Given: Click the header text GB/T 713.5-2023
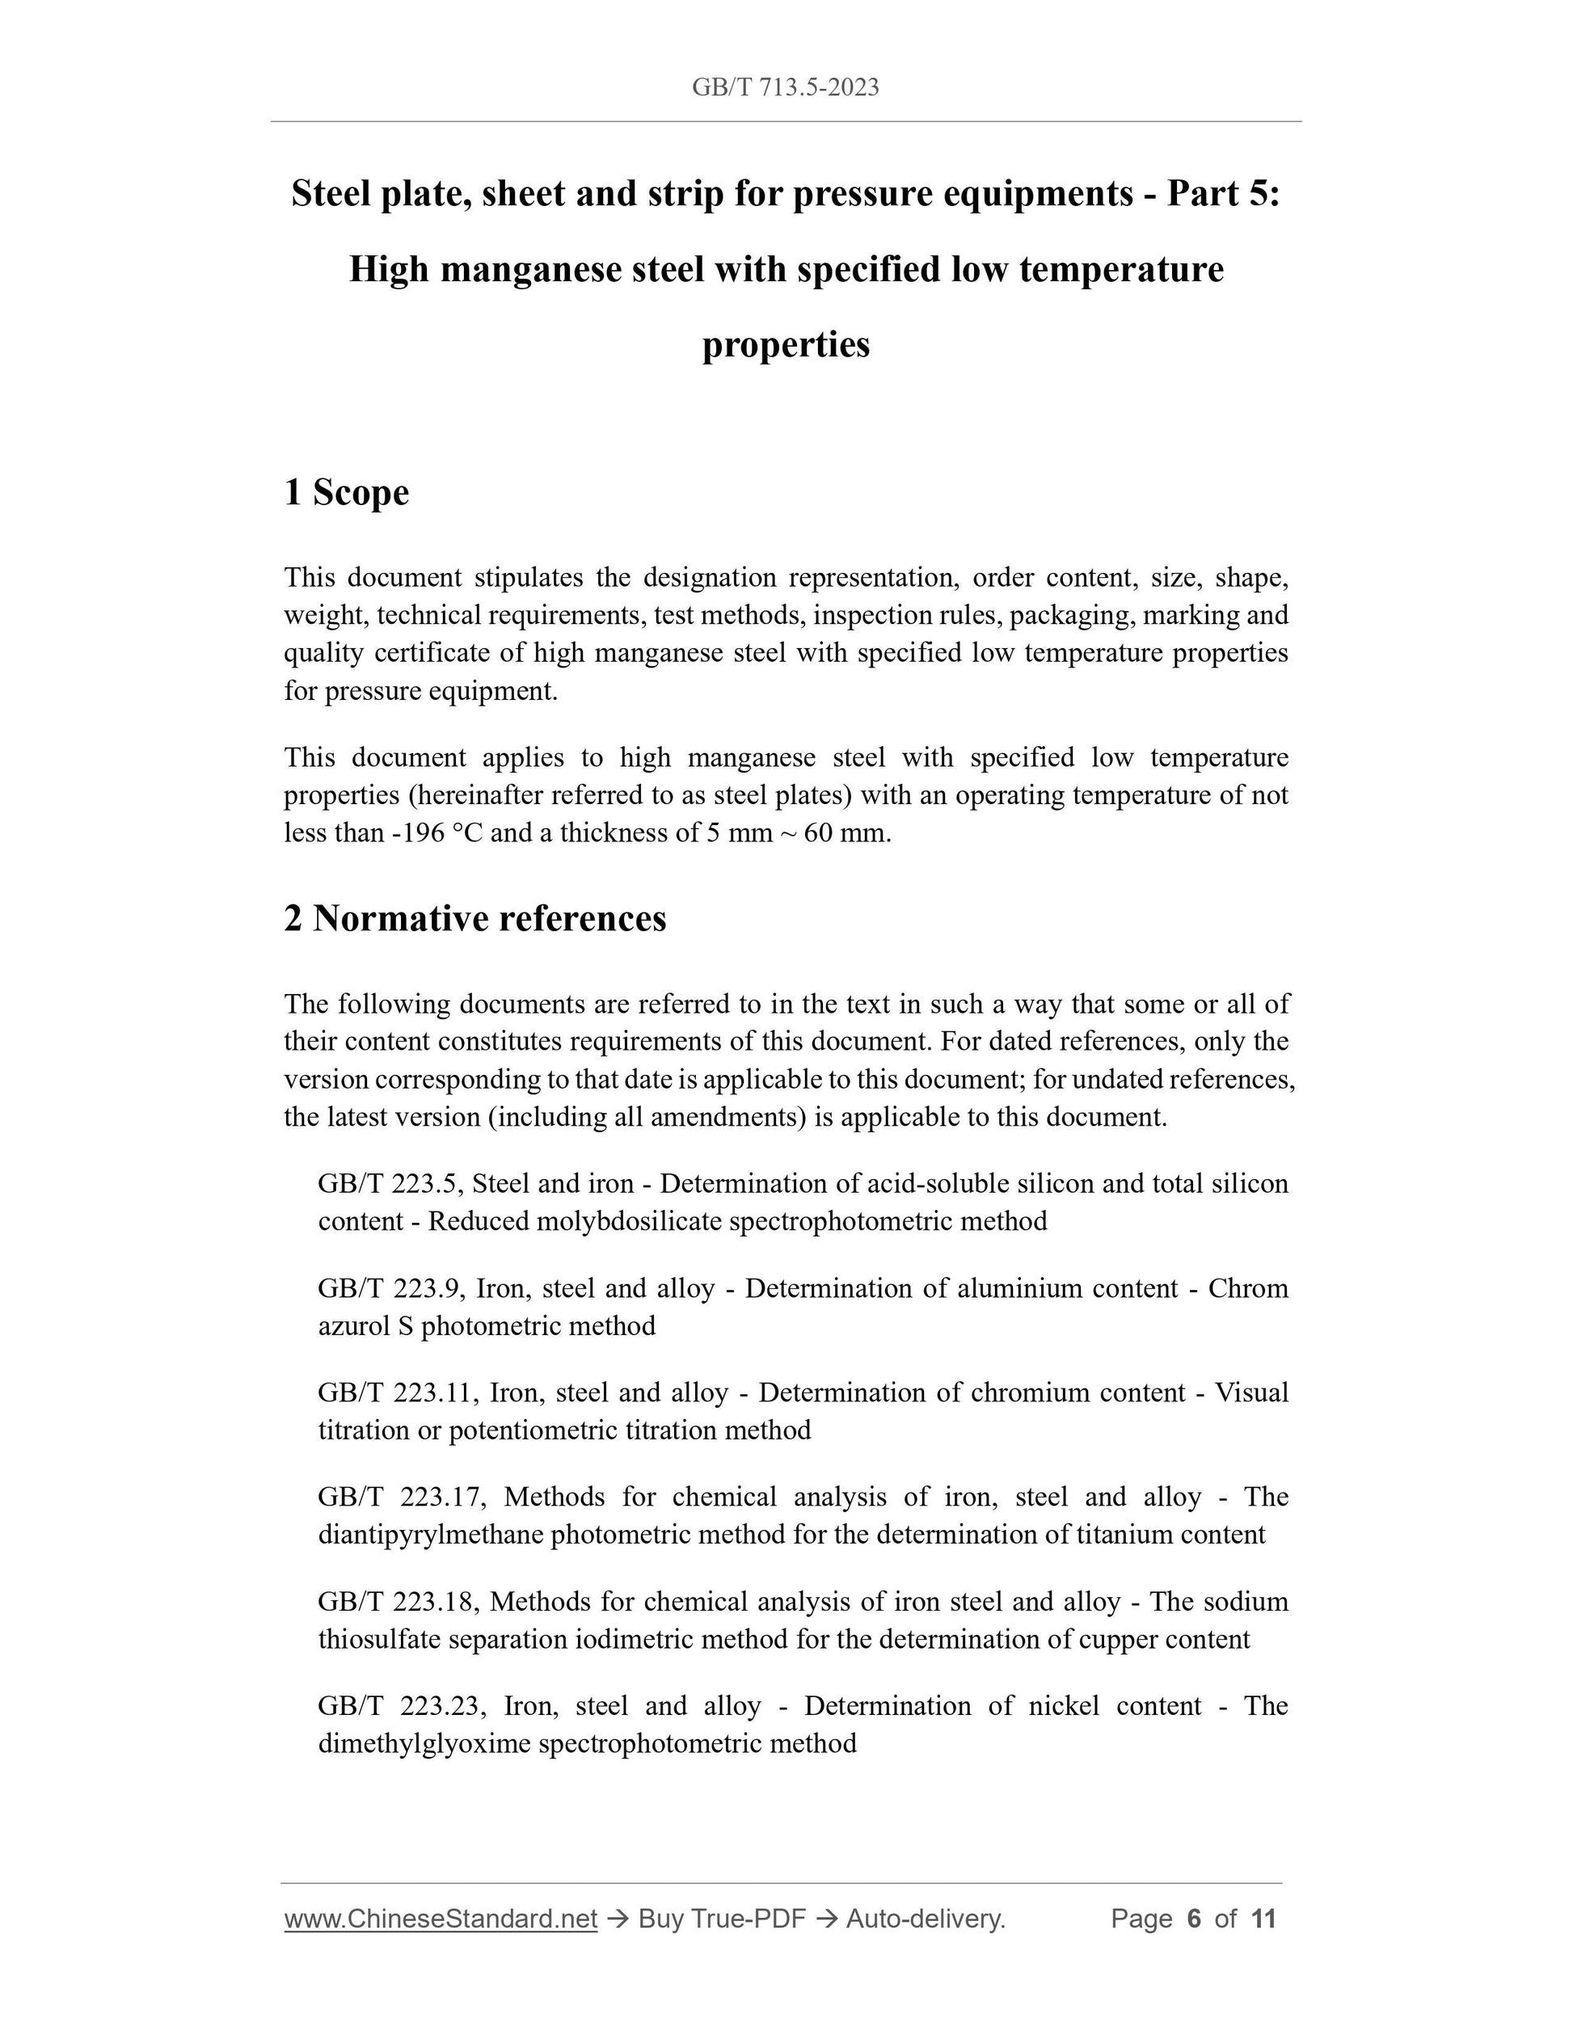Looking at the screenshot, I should (x=785, y=87).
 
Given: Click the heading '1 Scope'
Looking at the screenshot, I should (x=346, y=492).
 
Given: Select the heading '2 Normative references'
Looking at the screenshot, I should (x=475, y=919).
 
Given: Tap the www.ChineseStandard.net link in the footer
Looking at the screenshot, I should (x=440, y=1919).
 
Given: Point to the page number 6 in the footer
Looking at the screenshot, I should (x=1194, y=1919).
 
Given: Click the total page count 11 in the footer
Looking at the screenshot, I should (x=1263, y=1919).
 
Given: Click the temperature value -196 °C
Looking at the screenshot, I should (x=436, y=833).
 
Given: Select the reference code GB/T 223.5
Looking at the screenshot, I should (x=390, y=1184).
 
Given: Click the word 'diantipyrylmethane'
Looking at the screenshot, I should (x=431, y=1535).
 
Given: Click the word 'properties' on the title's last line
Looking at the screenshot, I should (x=786, y=345).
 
